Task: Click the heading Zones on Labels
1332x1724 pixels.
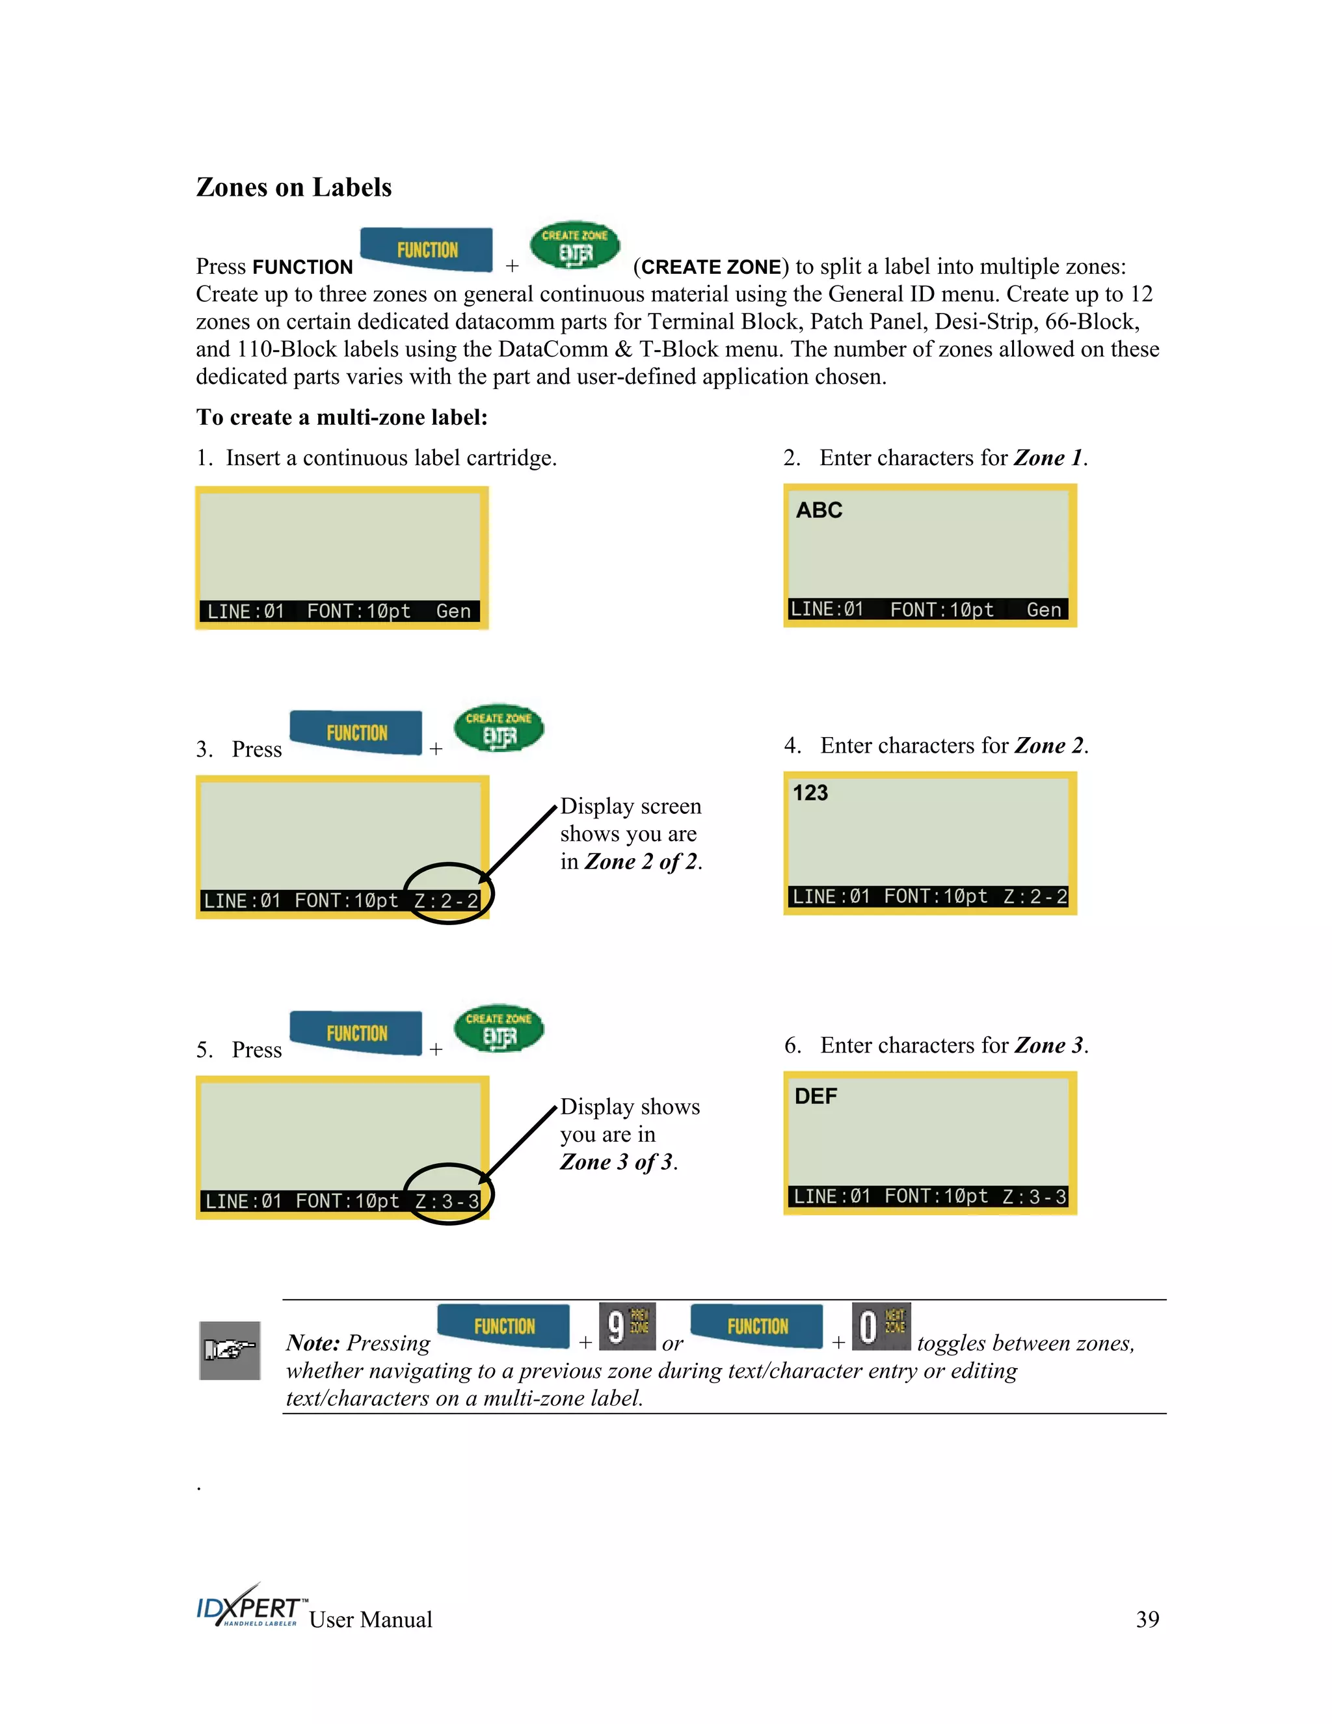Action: [293, 187]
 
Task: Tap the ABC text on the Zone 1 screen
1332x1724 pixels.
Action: [819, 511]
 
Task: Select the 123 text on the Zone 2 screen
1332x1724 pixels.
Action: [810, 792]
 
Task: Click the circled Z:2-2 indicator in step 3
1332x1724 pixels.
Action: [447, 900]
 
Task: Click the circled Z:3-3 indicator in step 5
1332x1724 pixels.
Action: [447, 1201]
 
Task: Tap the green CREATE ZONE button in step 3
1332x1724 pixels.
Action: [499, 729]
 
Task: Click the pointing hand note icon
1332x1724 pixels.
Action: [230, 1351]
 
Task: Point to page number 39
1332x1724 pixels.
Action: [1147, 1619]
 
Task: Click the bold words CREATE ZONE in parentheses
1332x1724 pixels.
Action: [710, 267]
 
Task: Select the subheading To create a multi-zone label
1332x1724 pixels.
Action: [341, 417]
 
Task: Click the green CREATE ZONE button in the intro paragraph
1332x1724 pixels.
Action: [575, 245]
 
